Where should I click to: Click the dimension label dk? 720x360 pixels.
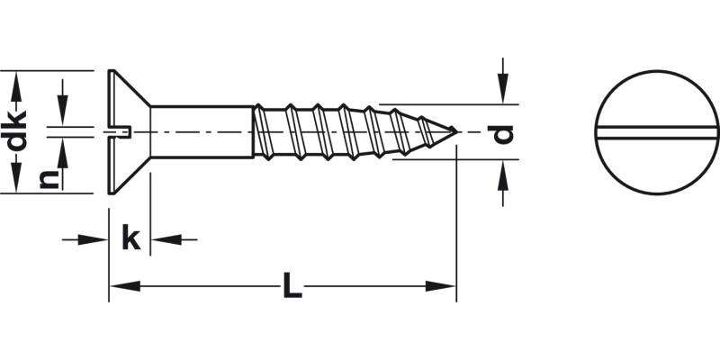[15, 131]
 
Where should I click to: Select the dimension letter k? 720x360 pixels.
[130, 239]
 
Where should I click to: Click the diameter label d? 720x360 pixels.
[504, 133]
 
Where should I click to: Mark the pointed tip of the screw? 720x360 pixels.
[454, 132]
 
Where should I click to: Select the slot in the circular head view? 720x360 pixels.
[657, 133]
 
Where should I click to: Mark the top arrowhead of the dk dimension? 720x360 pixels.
[15, 85]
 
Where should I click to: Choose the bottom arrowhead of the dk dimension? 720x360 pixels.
[15, 179]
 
